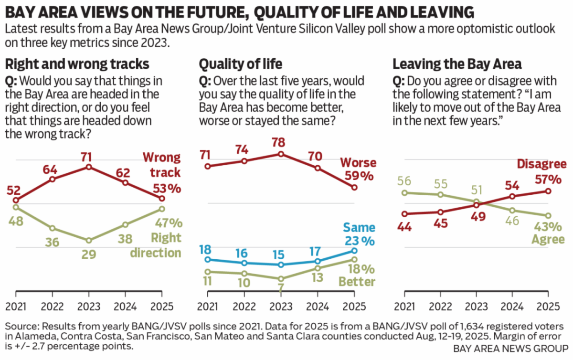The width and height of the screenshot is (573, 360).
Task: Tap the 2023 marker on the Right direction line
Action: coord(89,240)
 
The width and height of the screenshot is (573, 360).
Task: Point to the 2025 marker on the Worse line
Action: coord(354,188)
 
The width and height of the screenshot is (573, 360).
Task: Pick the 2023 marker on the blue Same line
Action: coord(281,265)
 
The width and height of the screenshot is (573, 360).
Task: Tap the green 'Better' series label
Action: coord(358,282)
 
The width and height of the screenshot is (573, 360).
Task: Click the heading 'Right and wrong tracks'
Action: coord(77,64)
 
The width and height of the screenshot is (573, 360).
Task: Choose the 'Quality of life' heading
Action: coord(240,64)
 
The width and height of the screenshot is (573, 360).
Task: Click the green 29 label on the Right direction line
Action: coord(89,254)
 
